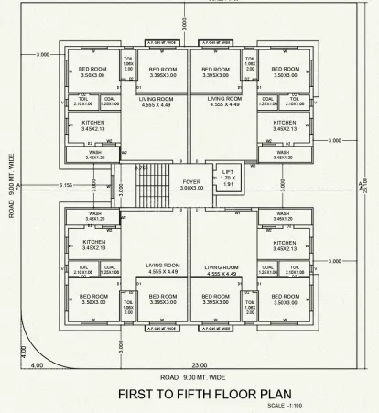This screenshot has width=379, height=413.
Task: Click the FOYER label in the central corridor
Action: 190,182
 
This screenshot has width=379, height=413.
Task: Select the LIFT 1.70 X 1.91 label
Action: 229,178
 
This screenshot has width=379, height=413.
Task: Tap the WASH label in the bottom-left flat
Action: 94,218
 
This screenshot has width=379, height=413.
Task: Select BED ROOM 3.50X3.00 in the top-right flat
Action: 285,71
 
